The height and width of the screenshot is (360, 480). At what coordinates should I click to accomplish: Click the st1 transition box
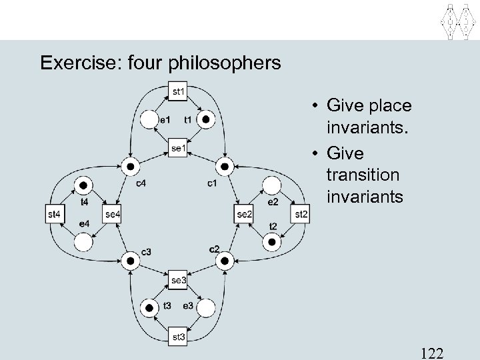(179, 91)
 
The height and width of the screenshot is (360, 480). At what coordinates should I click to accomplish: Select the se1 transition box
(179, 148)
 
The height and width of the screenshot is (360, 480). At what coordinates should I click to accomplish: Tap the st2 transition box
(301, 214)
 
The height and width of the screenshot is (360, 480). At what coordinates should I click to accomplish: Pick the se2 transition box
(245, 214)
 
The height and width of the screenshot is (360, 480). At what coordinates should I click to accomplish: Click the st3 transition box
(179, 337)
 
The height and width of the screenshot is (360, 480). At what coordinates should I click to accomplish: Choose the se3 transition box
(179, 280)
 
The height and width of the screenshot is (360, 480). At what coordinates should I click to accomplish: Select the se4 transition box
(113, 214)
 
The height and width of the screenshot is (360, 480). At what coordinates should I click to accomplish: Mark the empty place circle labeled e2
(272, 185)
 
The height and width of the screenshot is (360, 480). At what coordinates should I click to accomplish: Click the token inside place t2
(272, 243)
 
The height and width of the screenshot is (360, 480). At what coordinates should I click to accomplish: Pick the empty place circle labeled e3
(207, 308)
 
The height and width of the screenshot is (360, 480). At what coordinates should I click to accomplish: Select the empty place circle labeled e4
(84, 243)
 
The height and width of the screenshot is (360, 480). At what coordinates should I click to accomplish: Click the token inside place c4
(131, 167)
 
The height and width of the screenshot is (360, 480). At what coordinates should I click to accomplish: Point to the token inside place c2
(225, 261)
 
